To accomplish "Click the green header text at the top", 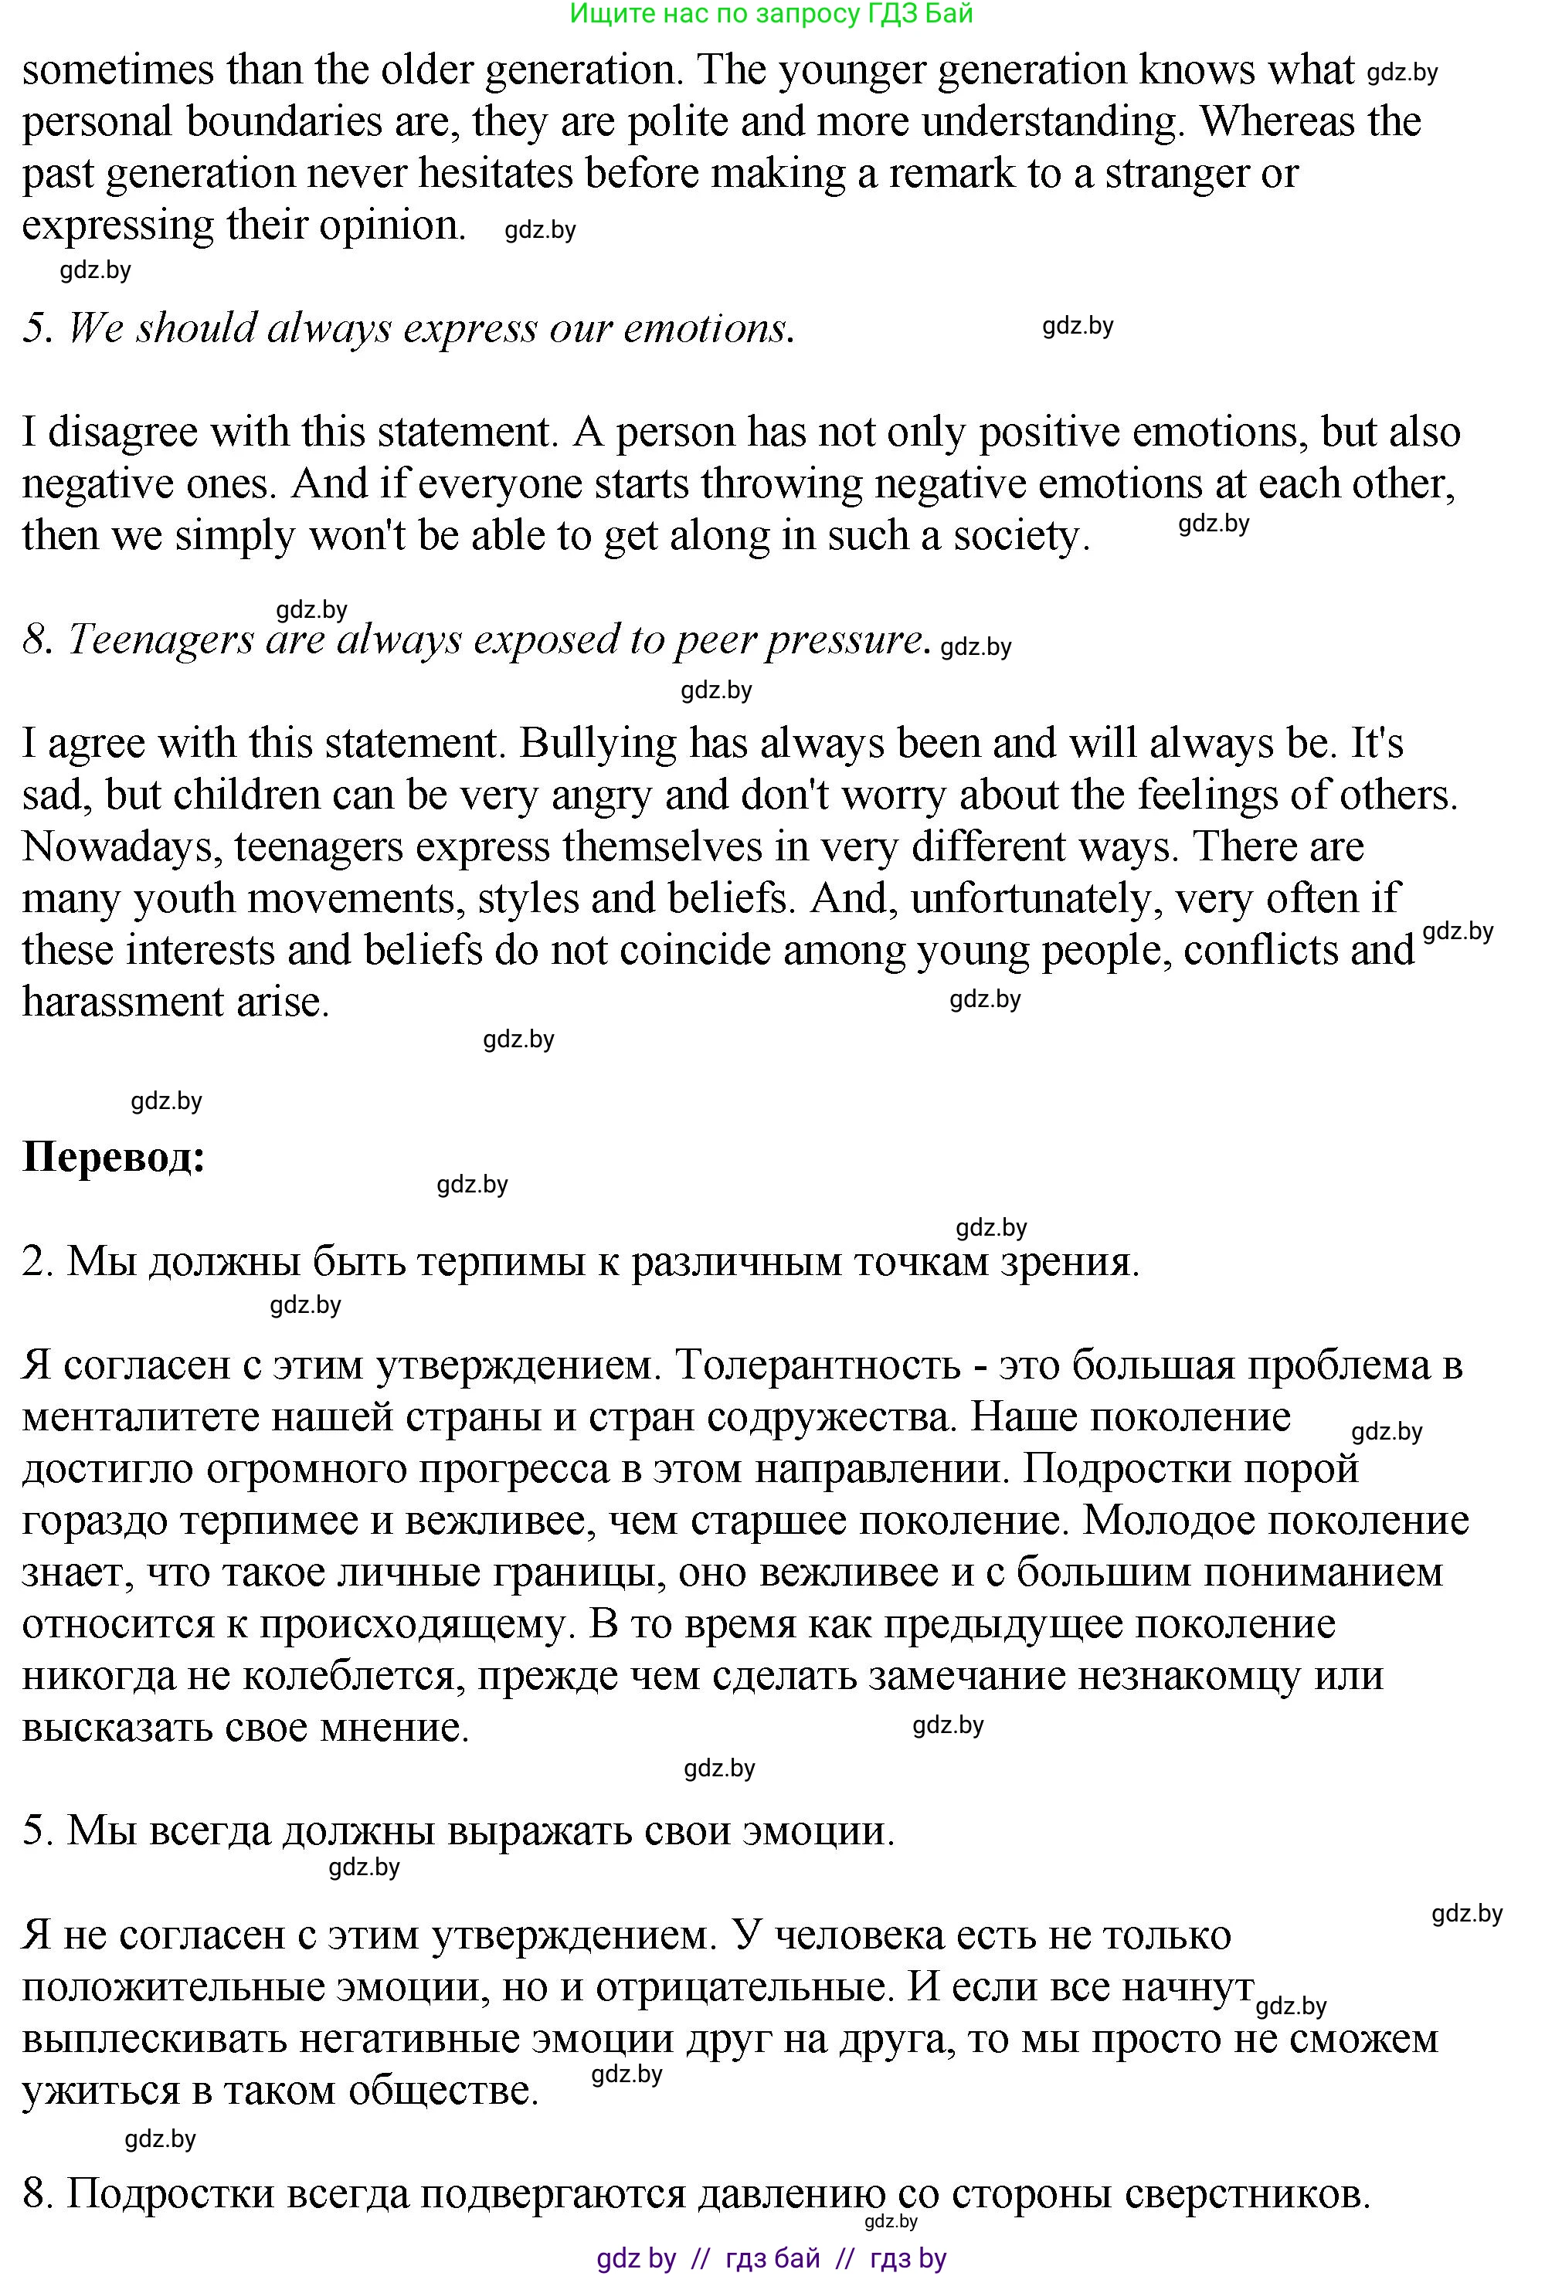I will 771,14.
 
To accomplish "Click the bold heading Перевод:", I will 114,1158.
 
